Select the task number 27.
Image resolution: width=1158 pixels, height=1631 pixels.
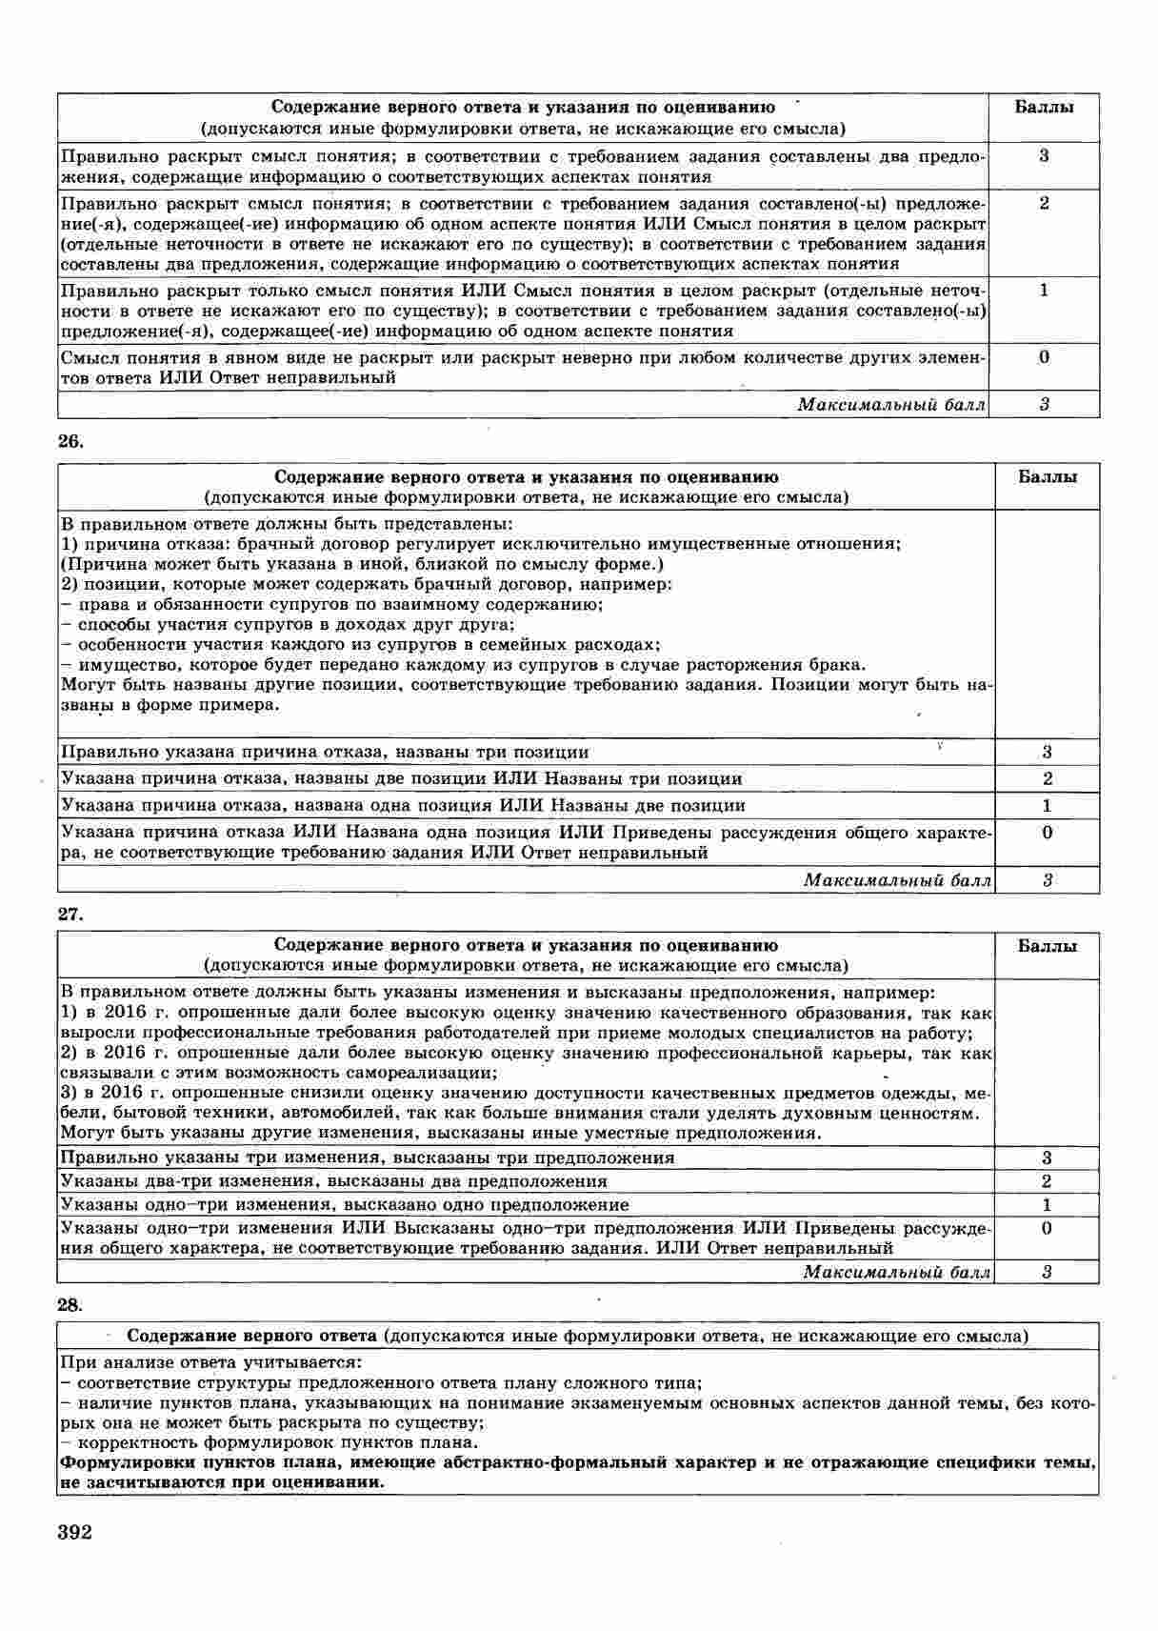coord(70,914)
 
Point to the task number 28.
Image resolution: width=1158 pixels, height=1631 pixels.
coord(70,1303)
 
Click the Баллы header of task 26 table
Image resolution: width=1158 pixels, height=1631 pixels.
coord(1048,476)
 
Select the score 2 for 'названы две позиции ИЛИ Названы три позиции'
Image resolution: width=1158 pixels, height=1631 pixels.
coord(1048,778)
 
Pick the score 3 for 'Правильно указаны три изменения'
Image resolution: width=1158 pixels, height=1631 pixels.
coord(1047,1158)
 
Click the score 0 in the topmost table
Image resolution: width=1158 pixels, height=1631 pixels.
coord(1045,357)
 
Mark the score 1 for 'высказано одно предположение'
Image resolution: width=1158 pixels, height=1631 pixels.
coord(1047,1204)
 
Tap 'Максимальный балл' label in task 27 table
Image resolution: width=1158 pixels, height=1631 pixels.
coord(896,1272)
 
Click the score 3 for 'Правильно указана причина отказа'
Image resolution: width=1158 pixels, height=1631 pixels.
coord(1048,752)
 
